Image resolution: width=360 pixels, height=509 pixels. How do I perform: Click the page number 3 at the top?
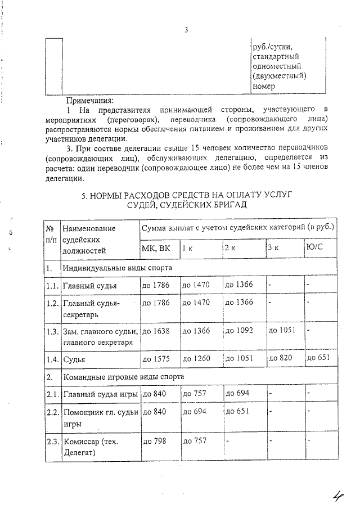(185, 30)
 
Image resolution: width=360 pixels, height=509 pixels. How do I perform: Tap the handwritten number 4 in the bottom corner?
(338, 496)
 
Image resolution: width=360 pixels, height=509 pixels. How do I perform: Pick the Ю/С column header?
(316, 248)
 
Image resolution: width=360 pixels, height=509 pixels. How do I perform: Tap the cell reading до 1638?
(156, 330)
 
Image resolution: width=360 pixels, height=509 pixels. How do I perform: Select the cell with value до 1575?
(156, 358)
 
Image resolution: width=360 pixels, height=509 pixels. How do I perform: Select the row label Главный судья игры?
(100, 394)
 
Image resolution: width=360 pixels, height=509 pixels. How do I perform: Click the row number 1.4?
(52, 358)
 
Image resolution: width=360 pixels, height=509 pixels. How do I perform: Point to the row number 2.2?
(52, 413)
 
